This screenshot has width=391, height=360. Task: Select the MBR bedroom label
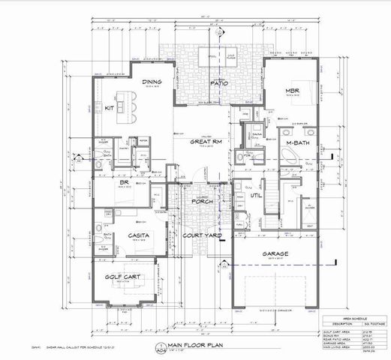(x=293, y=92)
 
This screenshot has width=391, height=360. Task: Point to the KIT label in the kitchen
(x=109, y=109)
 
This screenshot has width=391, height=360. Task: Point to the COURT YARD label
(x=200, y=235)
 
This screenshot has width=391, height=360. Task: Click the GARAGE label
(x=275, y=255)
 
